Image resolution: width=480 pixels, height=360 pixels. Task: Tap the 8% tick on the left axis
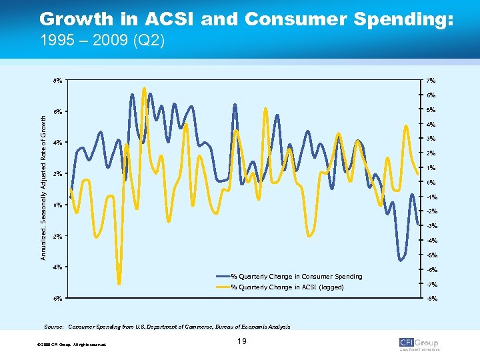(59, 81)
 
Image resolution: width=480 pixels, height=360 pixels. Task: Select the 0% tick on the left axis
(59, 205)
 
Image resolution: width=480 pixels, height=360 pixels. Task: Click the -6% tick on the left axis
(58, 298)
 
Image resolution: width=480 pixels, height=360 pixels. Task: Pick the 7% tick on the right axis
(431, 81)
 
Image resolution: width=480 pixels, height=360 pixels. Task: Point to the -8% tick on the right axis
(431, 299)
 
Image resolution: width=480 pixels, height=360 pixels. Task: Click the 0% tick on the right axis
(431, 183)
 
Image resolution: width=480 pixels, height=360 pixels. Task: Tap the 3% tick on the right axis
(431, 139)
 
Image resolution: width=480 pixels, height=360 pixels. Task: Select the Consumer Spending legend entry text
(297, 276)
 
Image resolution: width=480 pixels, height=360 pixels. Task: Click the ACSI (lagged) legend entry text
(287, 287)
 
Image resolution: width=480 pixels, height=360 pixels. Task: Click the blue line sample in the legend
(223, 276)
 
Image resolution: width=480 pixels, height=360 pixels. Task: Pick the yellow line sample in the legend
(223, 287)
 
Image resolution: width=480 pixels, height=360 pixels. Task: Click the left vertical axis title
(43, 188)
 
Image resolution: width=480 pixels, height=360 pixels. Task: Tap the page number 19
(241, 342)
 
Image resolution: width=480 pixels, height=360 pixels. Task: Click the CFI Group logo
(419, 343)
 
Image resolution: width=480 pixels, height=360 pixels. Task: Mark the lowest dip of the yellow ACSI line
(119, 283)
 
